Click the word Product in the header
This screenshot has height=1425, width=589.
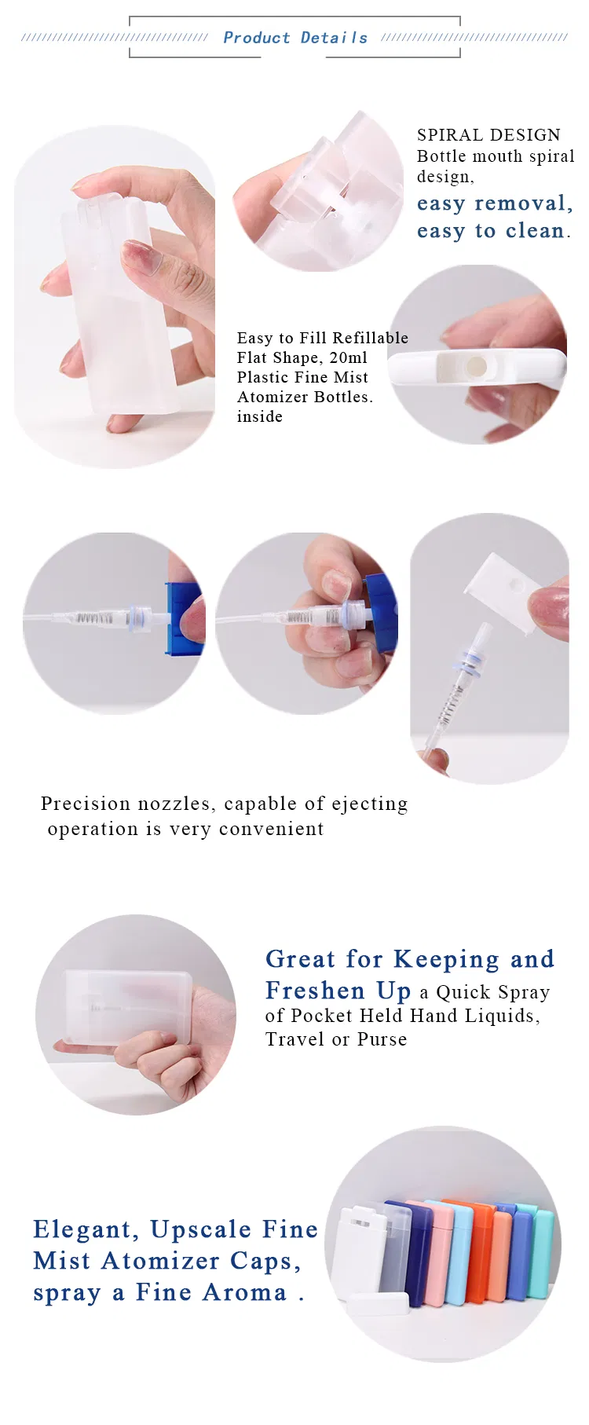pyautogui.click(x=256, y=38)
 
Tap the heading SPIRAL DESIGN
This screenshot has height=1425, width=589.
pyautogui.click(x=488, y=135)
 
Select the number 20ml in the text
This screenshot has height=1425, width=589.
pyautogui.click(x=348, y=357)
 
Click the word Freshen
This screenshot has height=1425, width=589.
pyautogui.click(x=315, y=991)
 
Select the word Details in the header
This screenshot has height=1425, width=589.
pyautogui.click(x=334, y=38)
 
